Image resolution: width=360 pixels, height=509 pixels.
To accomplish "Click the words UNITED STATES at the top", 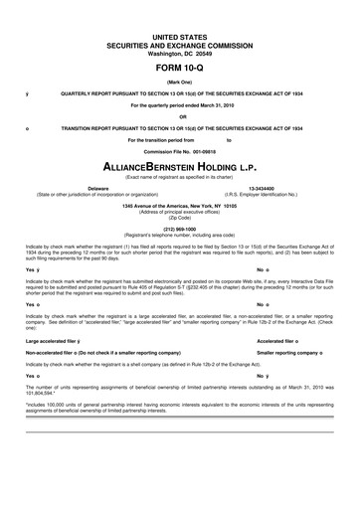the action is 180,36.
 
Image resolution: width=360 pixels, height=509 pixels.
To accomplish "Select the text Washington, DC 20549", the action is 180,54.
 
